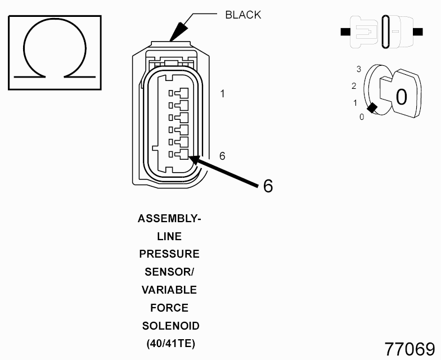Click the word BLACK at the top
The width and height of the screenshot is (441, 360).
(243, 15)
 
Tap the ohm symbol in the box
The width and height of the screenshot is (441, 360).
(54, 53)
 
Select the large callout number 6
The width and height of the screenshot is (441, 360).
(268, 186)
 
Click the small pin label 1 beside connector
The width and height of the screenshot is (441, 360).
(223, 94)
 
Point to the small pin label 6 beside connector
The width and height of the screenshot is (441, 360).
(222, 156)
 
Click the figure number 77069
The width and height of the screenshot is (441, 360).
(409, 348)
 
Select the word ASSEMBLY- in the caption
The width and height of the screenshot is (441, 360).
(169, 219)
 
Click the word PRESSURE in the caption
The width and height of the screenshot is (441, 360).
(169, 254)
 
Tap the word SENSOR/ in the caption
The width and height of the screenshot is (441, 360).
(169, 272)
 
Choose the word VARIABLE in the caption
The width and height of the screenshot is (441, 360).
(169, 290)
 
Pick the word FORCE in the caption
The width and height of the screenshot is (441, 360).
(169, 308)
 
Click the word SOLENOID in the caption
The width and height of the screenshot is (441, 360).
(170, 326)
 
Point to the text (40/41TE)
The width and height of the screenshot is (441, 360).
(170, 344)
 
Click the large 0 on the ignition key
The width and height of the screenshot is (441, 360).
(401, 97)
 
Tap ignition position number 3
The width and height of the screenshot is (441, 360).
(358, 69)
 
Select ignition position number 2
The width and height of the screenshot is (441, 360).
(354, 86)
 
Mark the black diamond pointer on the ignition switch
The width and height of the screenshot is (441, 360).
(371, 108)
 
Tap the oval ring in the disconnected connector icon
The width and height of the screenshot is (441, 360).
(386, 32)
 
